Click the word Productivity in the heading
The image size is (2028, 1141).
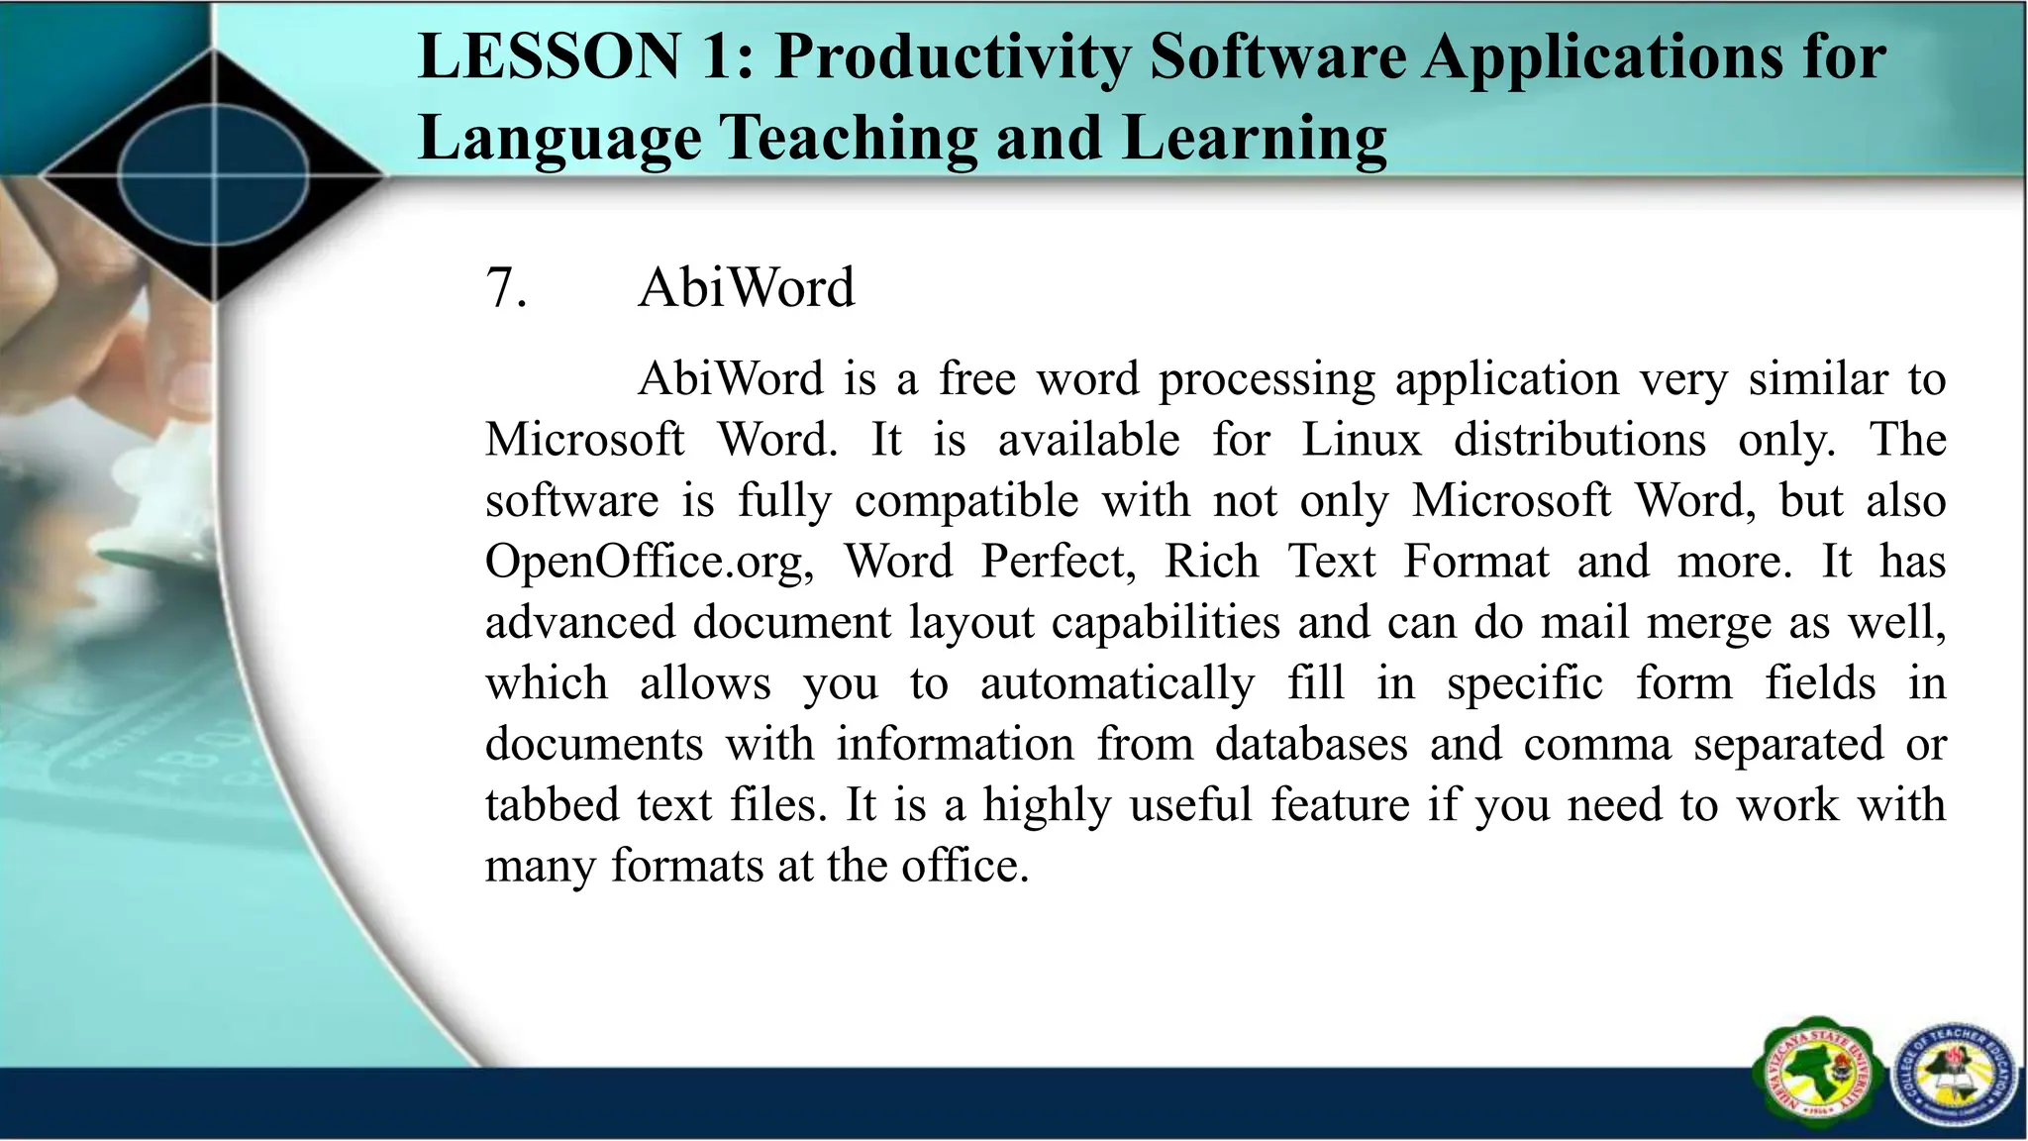point(952,58)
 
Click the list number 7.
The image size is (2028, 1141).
point(505,289)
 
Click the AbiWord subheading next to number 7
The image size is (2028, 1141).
point(746,289)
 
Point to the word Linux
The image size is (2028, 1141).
point(1361,440)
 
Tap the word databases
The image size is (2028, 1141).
point(1311,744)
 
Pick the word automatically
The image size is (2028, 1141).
point(1117,683)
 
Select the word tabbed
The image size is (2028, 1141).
point(551,804)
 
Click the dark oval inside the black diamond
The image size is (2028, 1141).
point(214,177)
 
